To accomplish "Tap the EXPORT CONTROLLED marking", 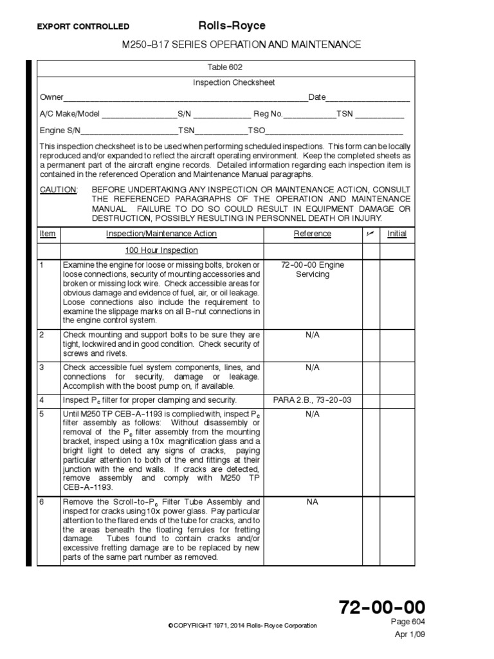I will click(82, 26).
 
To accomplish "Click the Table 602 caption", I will click(225, 67).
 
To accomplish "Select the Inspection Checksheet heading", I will click(225, 82).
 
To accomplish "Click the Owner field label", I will click(51, 97).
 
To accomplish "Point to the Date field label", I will click(317, 97).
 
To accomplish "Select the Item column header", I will click(48, 234).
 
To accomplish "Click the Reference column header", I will click(312, 234).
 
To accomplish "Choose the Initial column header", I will click(397, 234).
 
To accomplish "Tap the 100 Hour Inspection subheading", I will click(161, 250).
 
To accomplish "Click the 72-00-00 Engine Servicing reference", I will click(312, 270).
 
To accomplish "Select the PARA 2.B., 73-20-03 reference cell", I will click(312, 400).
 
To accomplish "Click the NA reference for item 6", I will click(312, 501).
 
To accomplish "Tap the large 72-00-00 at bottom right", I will click(381, 608).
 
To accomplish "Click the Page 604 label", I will click(408, 622).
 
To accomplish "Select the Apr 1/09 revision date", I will click(410, 634).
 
